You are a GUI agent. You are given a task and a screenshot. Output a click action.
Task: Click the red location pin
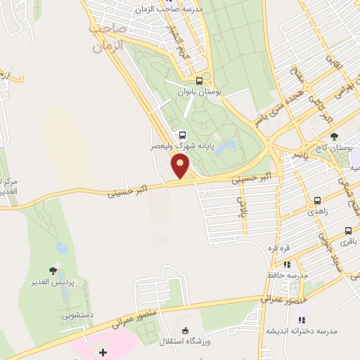point(181,166)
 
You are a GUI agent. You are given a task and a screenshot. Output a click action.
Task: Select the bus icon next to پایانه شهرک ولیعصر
point(183,136)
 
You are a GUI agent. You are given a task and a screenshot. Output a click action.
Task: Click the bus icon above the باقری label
point(348,231)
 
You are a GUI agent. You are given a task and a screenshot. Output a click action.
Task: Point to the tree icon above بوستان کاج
point(334,136)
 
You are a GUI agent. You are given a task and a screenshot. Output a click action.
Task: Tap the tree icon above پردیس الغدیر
point(53,270)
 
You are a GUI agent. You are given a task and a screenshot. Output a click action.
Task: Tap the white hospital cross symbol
point(103,352)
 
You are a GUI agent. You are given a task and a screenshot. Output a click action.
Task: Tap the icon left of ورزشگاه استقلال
point(186,331)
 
